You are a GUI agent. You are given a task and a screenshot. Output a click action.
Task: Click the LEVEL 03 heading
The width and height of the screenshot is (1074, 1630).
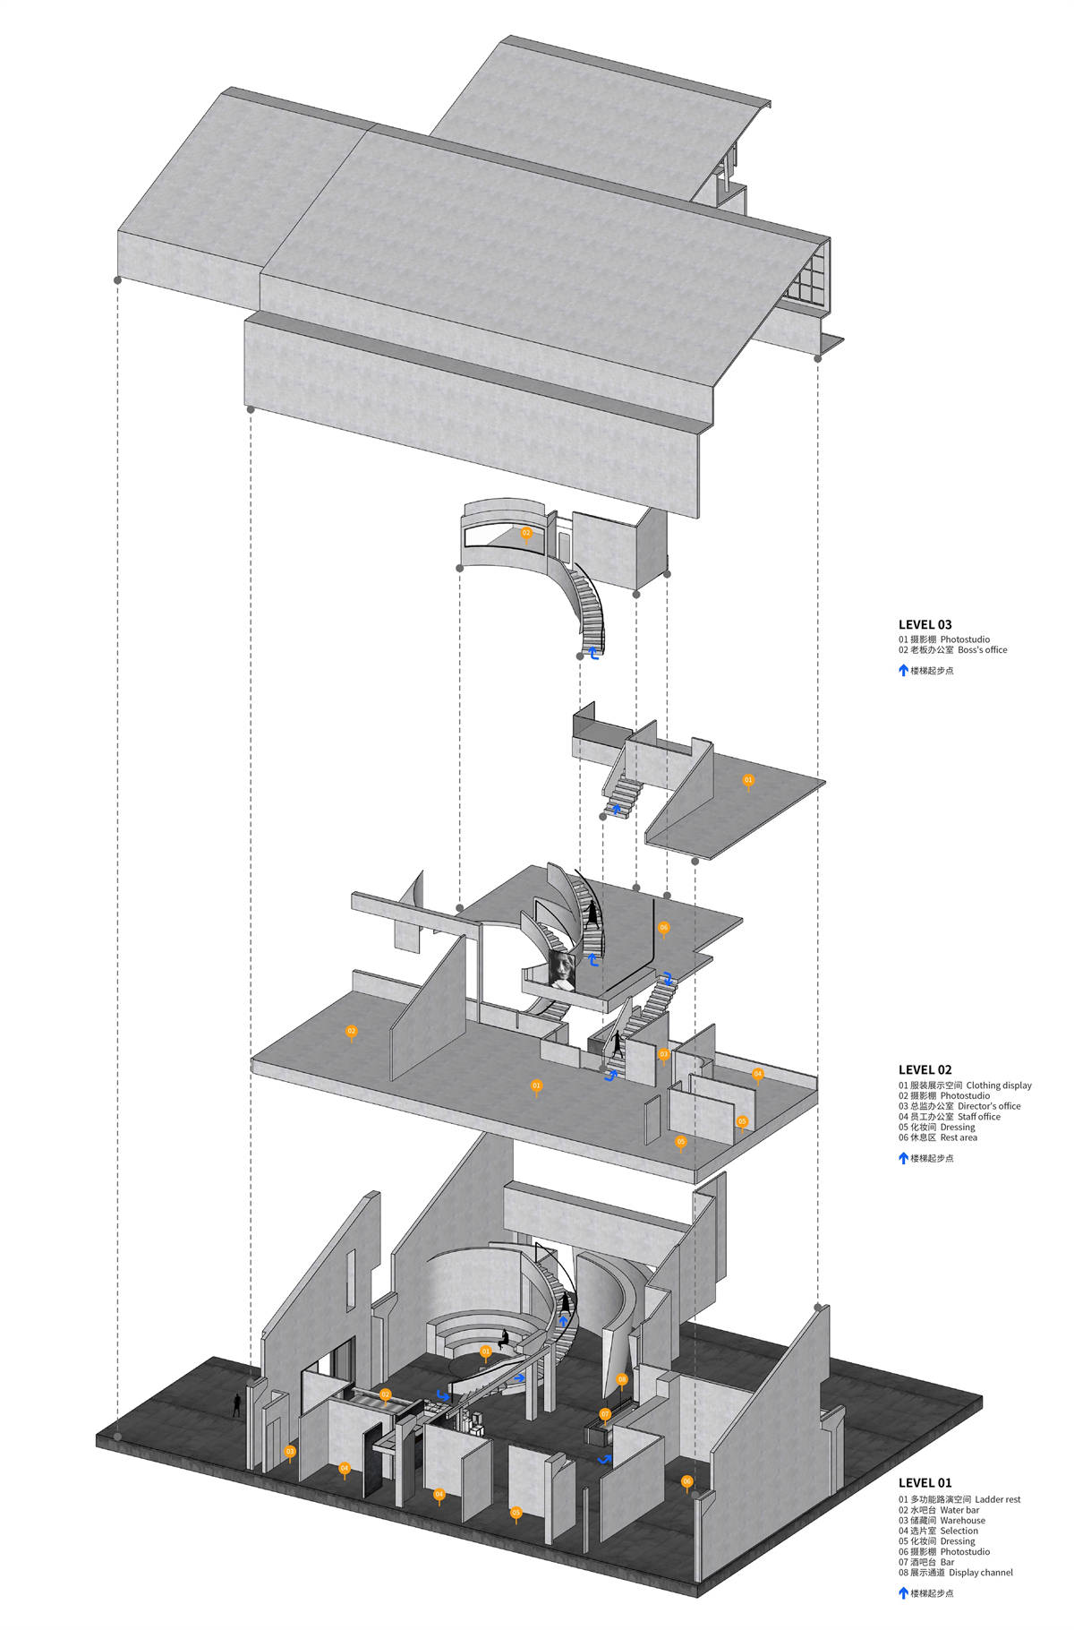[x=925, y=624]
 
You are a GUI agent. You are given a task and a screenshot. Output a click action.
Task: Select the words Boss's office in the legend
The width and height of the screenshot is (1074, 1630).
[x=982, y=650]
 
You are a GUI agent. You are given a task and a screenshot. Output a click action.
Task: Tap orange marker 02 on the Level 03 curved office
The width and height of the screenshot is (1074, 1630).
[x=526, y=533]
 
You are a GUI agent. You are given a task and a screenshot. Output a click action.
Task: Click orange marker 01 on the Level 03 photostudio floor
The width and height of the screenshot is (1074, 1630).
[x=748, y=780]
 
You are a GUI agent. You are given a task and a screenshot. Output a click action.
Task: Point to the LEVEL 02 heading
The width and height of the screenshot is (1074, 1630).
[x=925, y=1069]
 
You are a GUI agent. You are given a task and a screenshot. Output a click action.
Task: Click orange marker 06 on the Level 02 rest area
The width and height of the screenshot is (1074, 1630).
[x=663, y=928]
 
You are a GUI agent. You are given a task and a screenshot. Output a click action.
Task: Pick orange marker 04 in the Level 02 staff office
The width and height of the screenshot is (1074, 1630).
[x=757, y=1073]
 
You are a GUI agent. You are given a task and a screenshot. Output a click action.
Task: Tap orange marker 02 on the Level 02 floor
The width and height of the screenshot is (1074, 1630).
[x=351, y=1032]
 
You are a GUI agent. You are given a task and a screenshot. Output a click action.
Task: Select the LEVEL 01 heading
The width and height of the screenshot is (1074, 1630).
[x=925, y=1482]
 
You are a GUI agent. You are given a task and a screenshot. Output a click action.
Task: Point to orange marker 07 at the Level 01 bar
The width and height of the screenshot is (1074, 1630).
[x=605, y=1414]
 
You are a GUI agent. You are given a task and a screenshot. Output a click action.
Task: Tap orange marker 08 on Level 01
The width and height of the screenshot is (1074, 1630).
[x=622, y=1379]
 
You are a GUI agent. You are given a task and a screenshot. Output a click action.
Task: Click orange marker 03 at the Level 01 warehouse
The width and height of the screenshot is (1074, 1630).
[x=289, y=1451]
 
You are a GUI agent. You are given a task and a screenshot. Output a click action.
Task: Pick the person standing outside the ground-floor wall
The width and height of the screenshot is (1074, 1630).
[x=237, y=1405]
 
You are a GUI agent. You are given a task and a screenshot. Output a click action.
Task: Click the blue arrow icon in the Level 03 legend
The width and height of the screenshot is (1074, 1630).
[x=903, y=670]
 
